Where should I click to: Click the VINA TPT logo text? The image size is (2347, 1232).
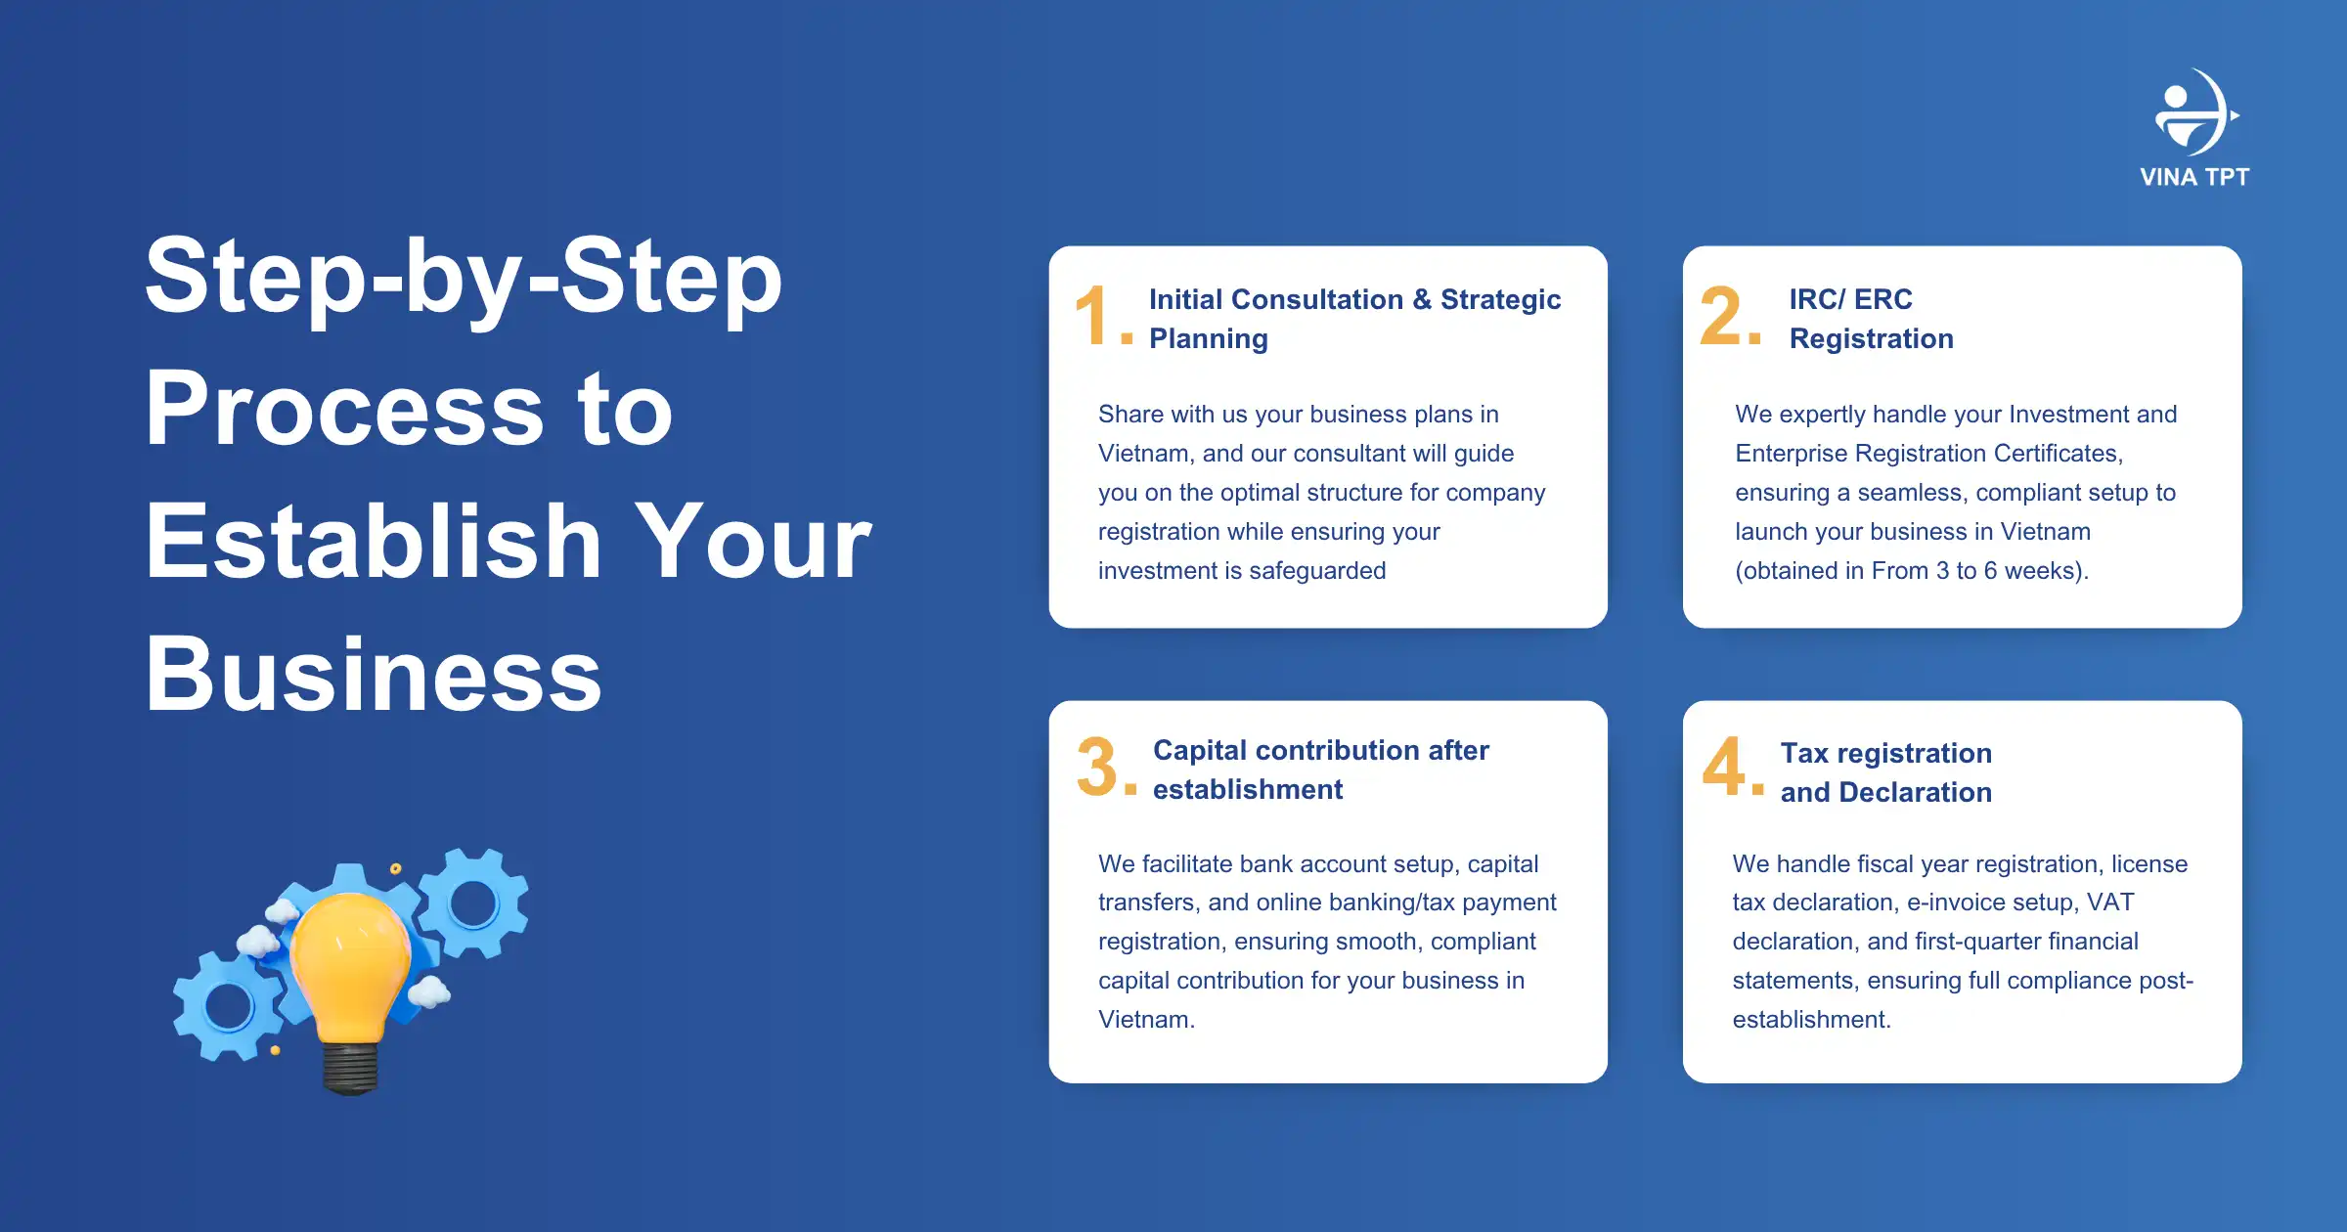[x=2194, y=177]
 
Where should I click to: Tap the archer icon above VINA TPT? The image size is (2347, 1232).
[x=2195, y=112]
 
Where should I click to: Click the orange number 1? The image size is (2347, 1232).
[x=1093, y=316]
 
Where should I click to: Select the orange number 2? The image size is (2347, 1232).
[x=1722, y=316]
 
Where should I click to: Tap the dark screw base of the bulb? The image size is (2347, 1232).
[x=350, y=1069]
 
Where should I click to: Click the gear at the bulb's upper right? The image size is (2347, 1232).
[x=474, y=902]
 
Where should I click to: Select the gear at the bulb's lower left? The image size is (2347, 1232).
[x=229, y=1006]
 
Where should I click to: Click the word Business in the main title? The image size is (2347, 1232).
[x=374, y=675]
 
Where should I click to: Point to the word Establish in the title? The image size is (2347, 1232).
[x=374, y=541]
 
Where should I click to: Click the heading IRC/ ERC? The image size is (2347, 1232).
[x=1850, y=299]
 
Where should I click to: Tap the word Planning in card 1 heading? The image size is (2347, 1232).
[x=1209, y=339]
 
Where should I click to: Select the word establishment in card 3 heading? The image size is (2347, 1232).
[x=1248, y=789]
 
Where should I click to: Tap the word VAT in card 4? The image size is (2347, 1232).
[x=2110, y=902]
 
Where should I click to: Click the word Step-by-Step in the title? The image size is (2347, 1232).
[x=464, y=277]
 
